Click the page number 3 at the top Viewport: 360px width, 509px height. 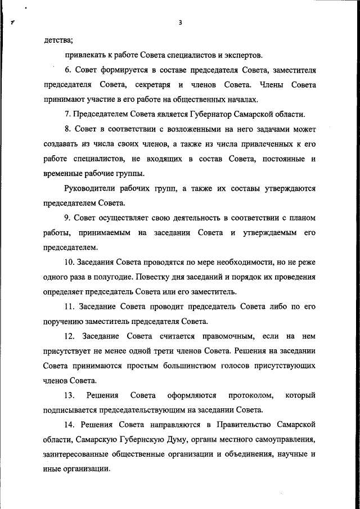pos(179,23)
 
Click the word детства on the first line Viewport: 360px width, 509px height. pos(58,40)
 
